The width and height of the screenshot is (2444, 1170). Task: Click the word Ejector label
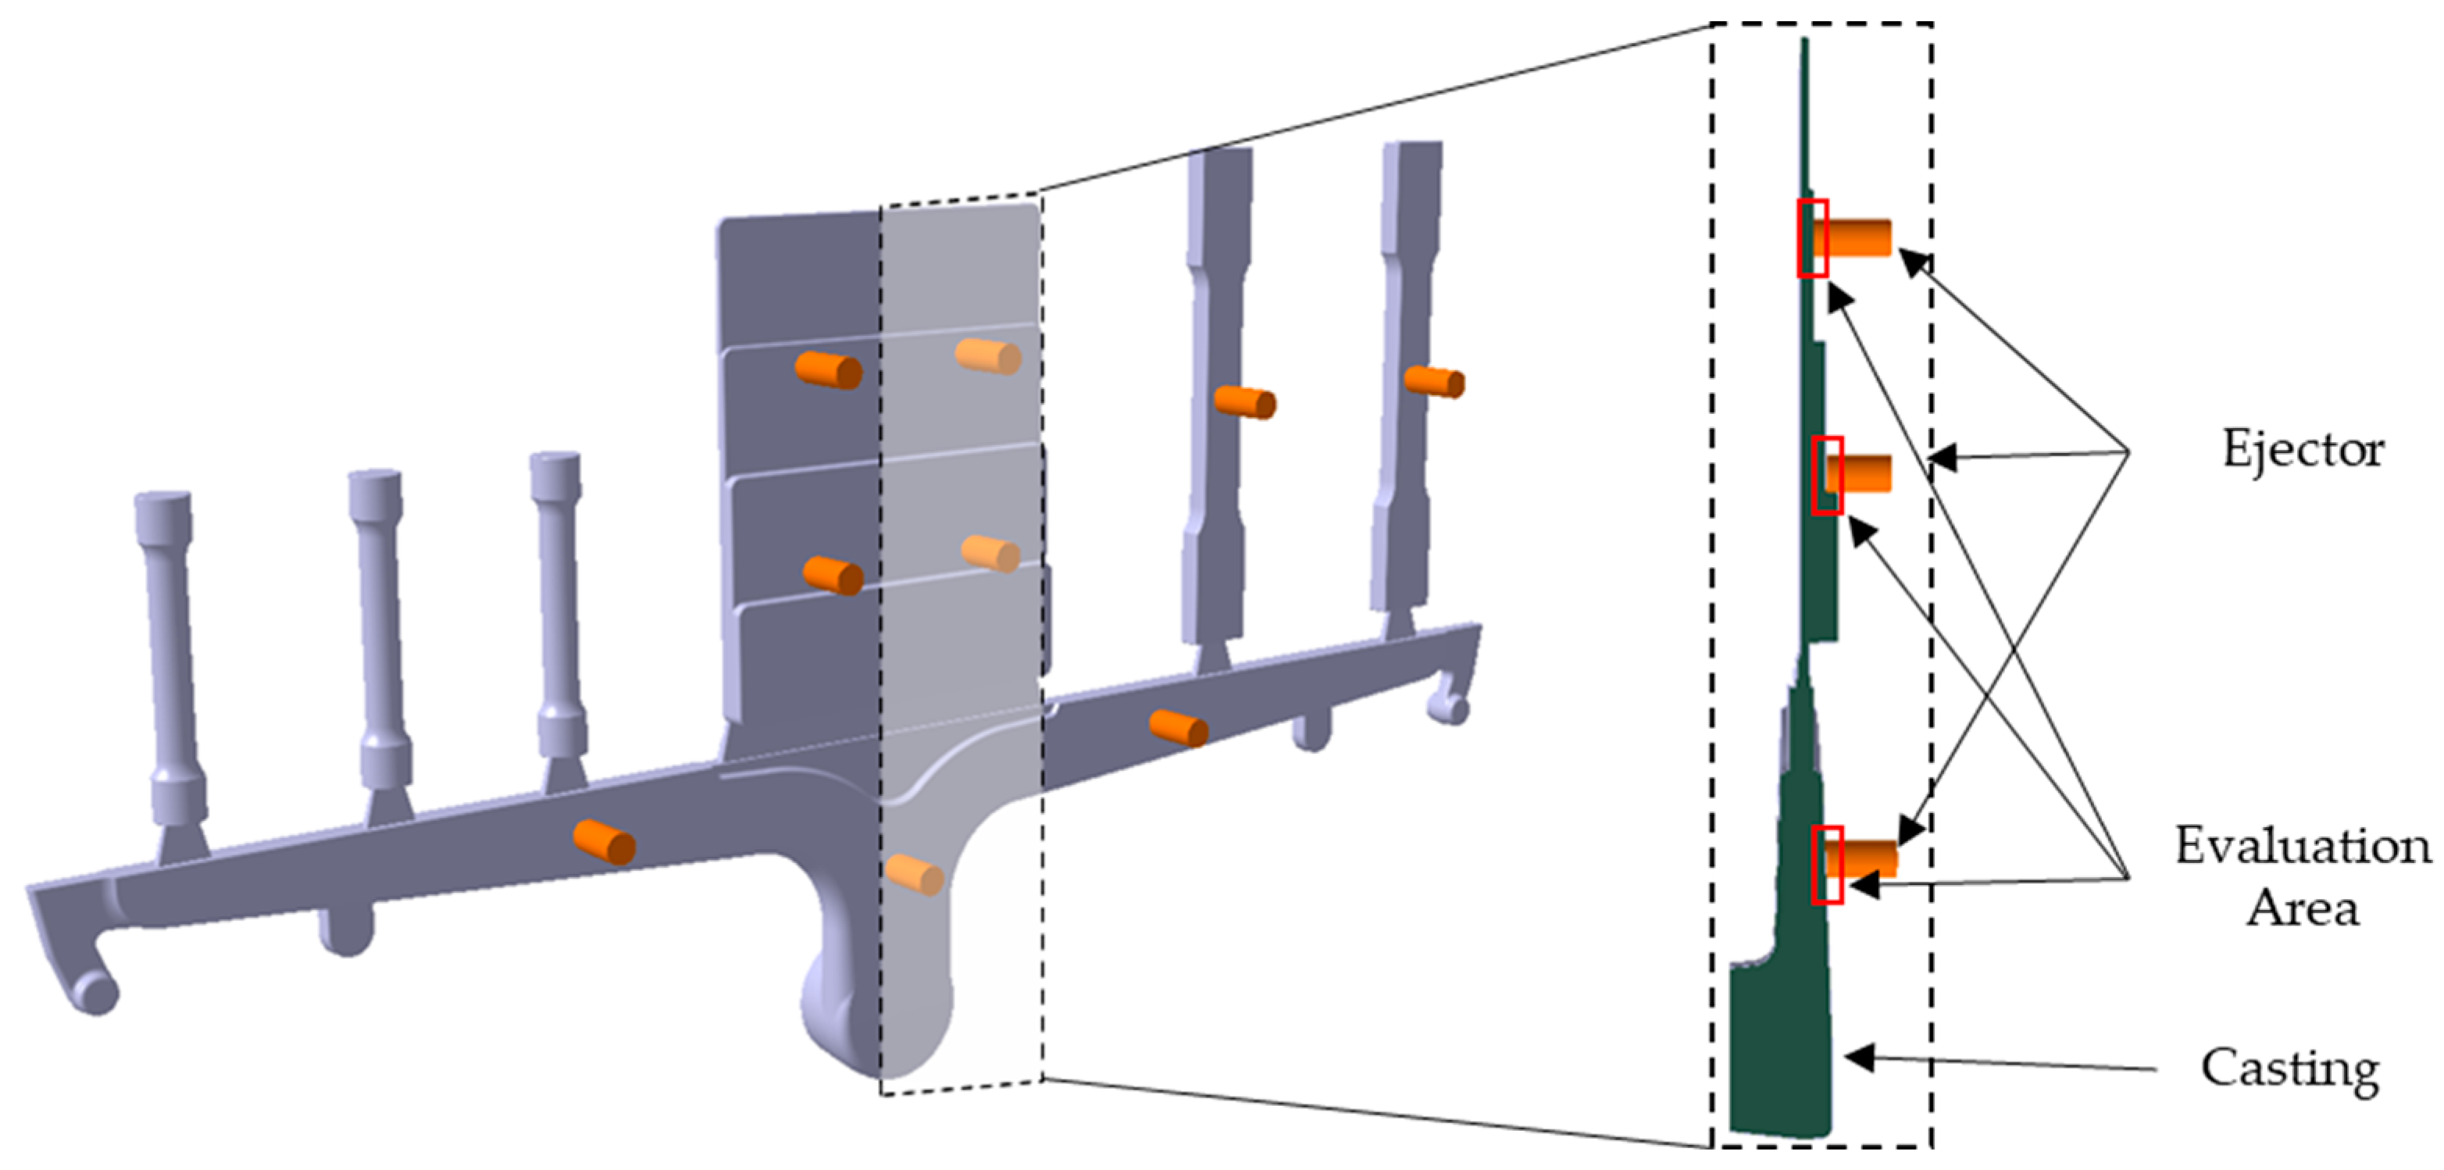[x=2303, y=450]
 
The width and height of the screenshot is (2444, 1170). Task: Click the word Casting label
[x=2289, y=1070]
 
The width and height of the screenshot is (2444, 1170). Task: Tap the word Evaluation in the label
[x=2303, y=844]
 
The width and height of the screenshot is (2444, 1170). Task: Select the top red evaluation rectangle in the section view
[x=1813, y=238]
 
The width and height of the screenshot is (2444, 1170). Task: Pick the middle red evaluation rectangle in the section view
[x=1827, y=476]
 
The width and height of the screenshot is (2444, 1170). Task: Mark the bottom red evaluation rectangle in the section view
[x=1827, y=865]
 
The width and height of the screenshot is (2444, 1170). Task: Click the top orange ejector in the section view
[x=1857, y=237]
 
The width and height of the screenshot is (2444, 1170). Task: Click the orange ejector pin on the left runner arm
[x=605, y=842]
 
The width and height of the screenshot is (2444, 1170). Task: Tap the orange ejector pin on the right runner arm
[x=1179, y=728]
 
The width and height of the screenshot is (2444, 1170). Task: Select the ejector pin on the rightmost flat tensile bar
[x=1435, y=381]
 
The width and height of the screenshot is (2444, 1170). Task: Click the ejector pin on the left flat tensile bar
[x=1245, y=401]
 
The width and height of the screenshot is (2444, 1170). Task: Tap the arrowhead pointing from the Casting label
[x=1860, y=1057]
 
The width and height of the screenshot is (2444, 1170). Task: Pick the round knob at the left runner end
[x=96, y=993]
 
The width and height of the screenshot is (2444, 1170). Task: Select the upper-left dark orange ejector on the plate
[x=828, y=369]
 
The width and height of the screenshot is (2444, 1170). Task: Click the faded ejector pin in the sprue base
[x=914, y=874]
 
